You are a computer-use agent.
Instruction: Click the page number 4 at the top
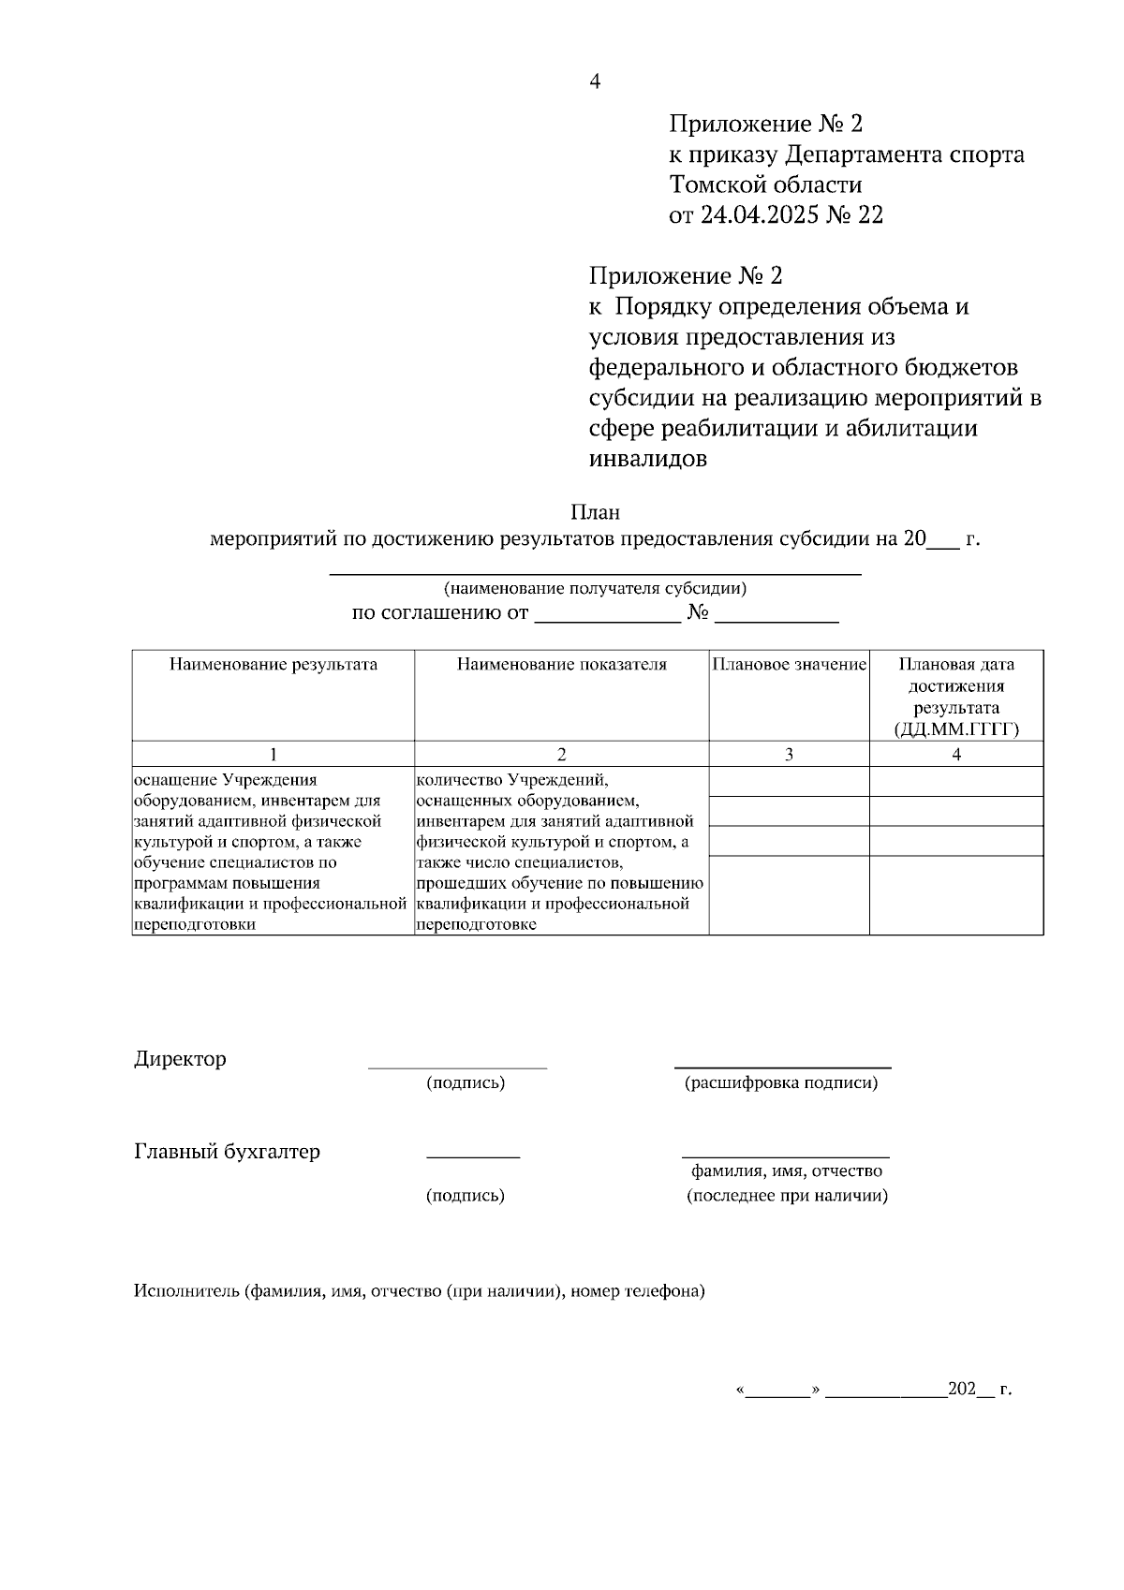[x=594, y=81]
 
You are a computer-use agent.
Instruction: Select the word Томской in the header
[x=717, y=184]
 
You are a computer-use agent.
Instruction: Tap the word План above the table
[x=595, y=512]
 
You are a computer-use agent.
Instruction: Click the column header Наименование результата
[x=273, y=665]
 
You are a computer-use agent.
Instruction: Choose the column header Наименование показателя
[x=561, y=665]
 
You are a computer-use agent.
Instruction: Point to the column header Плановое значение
[x=789, y=665]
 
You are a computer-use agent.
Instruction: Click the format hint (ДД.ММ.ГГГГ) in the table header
[x=956, y=729]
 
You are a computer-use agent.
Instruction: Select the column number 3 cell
[x=789, y=754]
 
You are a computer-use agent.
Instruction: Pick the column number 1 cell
[x=273, y=754]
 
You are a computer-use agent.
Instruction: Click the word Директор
[x=180, y=1059]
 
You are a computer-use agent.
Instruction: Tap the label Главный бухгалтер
[x=227, y=1151]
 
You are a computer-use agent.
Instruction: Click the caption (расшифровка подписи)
[x=781, y=1083]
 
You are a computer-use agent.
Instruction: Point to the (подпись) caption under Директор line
[x=466, y=1083]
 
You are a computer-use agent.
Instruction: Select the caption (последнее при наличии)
[x=787, y=1196]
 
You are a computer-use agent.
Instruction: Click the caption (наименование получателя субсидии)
[x=595, y=589]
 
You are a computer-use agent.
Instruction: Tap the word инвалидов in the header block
[x=647, y=459]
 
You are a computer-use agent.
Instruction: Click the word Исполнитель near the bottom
[x=186, y=1291]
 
